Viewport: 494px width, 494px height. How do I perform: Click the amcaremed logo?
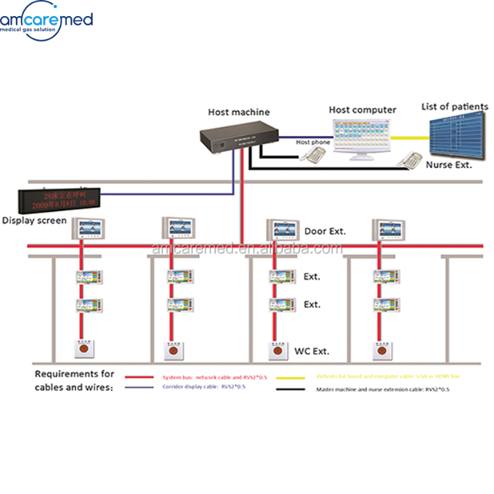(x=47, y=20)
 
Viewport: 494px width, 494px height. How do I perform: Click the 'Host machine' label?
(x=238, y=112)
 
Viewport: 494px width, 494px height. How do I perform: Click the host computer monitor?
(x=362, y=136)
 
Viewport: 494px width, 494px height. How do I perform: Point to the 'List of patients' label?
(x=454, y=107)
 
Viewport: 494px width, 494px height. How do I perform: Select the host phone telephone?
(x=315, y=155)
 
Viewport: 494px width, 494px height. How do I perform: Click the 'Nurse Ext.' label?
(x=449, y=165)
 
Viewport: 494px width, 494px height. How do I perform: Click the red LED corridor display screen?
(x=61, y=199)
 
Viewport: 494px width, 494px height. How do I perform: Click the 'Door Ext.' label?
(x=324, y=231)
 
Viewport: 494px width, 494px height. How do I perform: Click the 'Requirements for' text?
(x=75, y=373)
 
